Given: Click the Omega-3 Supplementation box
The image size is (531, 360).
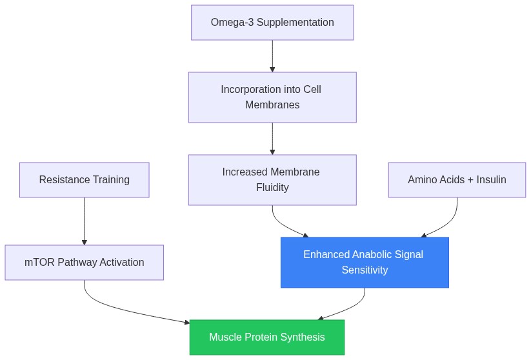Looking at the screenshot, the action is tap(272, 23).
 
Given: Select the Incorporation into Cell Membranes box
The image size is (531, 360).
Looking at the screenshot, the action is tap(272, 97).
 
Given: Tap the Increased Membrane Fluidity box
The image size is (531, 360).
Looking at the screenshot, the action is tap(272, 180).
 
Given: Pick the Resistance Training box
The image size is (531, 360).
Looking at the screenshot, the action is tap(85, 180).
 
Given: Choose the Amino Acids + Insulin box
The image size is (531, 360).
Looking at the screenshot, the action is tap(457, 180).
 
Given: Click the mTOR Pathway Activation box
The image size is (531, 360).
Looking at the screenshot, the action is tap(85, 263).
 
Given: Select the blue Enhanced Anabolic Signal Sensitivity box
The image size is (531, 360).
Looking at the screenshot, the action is tap(365, 263).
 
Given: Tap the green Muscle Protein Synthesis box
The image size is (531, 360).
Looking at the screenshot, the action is tap(267, 337).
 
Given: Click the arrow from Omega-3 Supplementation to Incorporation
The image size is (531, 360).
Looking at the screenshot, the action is tap(272, 56).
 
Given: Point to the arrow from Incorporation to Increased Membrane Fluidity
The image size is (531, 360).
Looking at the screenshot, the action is tap(272, 139).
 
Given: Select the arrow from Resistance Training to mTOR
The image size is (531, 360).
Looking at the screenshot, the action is tap(85, 221).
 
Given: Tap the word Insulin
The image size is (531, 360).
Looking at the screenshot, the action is tap(492, 179).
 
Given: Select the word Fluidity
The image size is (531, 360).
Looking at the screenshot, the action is tap(272, 187).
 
